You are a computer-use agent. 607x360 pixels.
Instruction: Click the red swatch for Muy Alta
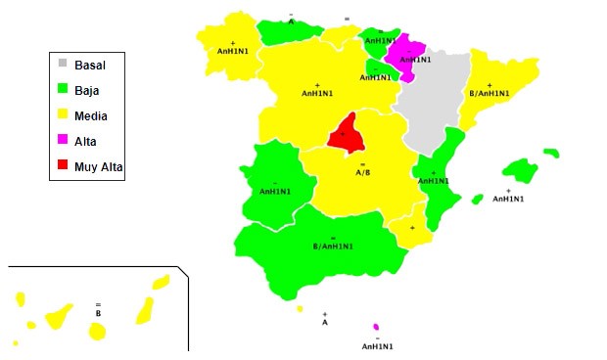(64, 167)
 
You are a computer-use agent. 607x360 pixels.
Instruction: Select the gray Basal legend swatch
(64, 65)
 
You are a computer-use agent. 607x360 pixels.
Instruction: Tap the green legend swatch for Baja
(64, 90)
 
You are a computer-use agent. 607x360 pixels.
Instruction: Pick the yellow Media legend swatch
(64, 115)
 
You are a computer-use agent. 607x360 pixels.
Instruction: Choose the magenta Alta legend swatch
(64, 142)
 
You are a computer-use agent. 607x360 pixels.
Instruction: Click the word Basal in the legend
(90, 65)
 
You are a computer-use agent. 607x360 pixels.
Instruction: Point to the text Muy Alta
(99, 167)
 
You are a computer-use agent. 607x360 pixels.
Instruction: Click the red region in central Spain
(345, 135)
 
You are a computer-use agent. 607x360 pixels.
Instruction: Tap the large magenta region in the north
(405, 57)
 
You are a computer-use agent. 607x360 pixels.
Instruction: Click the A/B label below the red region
(362, 172)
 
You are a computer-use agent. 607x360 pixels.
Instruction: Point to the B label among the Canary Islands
(98, 313)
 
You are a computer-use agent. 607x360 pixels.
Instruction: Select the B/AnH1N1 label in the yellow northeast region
(490, 94)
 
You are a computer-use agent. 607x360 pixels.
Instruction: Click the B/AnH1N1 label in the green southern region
(333, 247)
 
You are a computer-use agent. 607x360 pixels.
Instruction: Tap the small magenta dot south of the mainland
(376, 328)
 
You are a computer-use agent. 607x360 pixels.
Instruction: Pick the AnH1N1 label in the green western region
(274, 192)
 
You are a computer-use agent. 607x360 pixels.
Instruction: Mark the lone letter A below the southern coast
(325, 322)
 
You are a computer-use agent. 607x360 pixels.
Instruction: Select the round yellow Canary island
(97, 333)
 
